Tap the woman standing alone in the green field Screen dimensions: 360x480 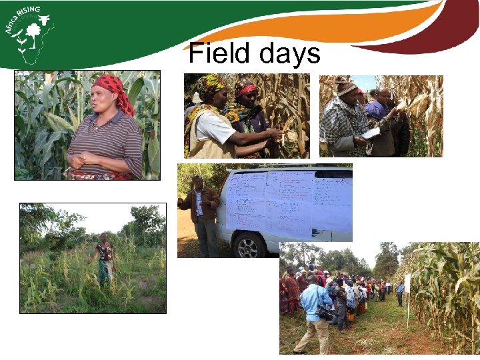(x=104, y=260)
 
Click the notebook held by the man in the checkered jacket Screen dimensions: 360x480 (x=371, y=133)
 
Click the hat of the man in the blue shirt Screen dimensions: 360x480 (x=311, y=277)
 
